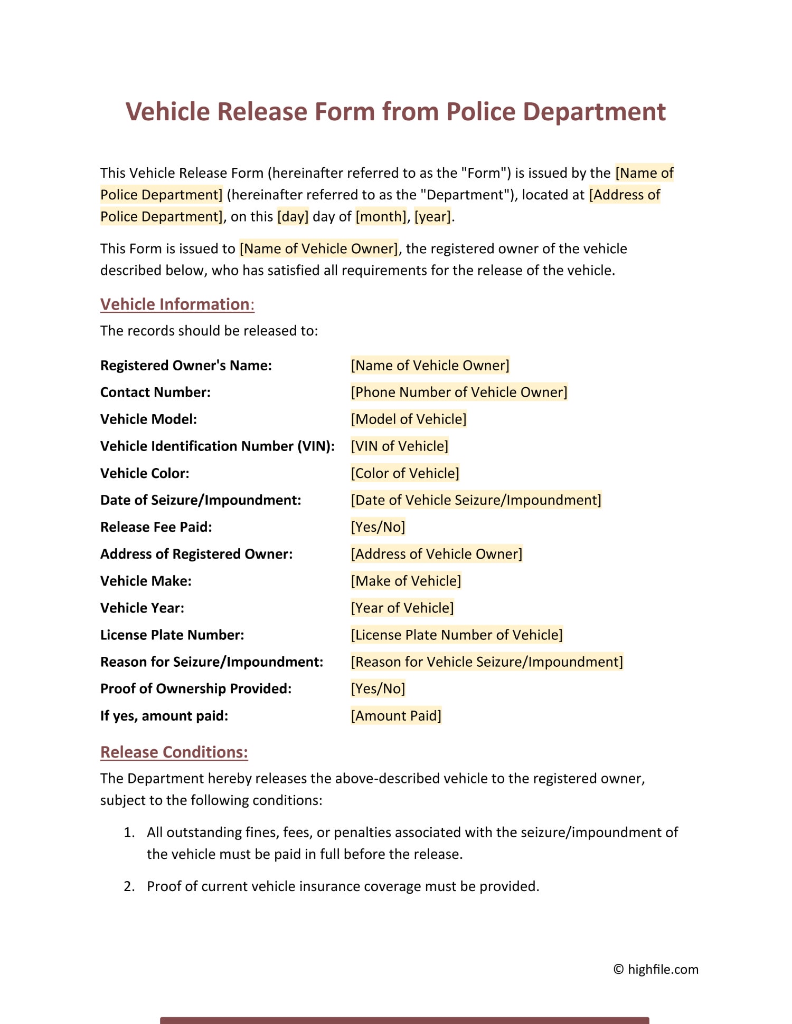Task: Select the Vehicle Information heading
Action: (x=177, y=304)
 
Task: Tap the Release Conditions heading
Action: (x=174, y=752)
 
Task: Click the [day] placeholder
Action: (x=293, y=217)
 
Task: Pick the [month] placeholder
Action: (x=381, y=217)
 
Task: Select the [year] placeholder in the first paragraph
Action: (x=433, y=217)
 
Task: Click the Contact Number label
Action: (x=155, y=393)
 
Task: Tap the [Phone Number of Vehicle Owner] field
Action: (x=459, y=393)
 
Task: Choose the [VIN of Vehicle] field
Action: (x=400, y=446)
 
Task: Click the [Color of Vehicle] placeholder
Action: (x=405, y=473)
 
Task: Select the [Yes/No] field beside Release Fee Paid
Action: (x=378, y=527)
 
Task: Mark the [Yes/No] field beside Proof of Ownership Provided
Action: (x=378, y=688)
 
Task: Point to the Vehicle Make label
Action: (x=146, y=581)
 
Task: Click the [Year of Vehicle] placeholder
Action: (x=402, y=608)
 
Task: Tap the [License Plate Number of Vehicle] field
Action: (x=457, y=635)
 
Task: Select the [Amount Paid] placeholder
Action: (x=396, y=716)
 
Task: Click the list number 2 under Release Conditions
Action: (x=129, y=886)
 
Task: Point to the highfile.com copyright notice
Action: (x=656, y=969)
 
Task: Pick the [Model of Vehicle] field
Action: (x=409, y=419)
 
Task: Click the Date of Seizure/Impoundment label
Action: (x=201, y=500)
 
